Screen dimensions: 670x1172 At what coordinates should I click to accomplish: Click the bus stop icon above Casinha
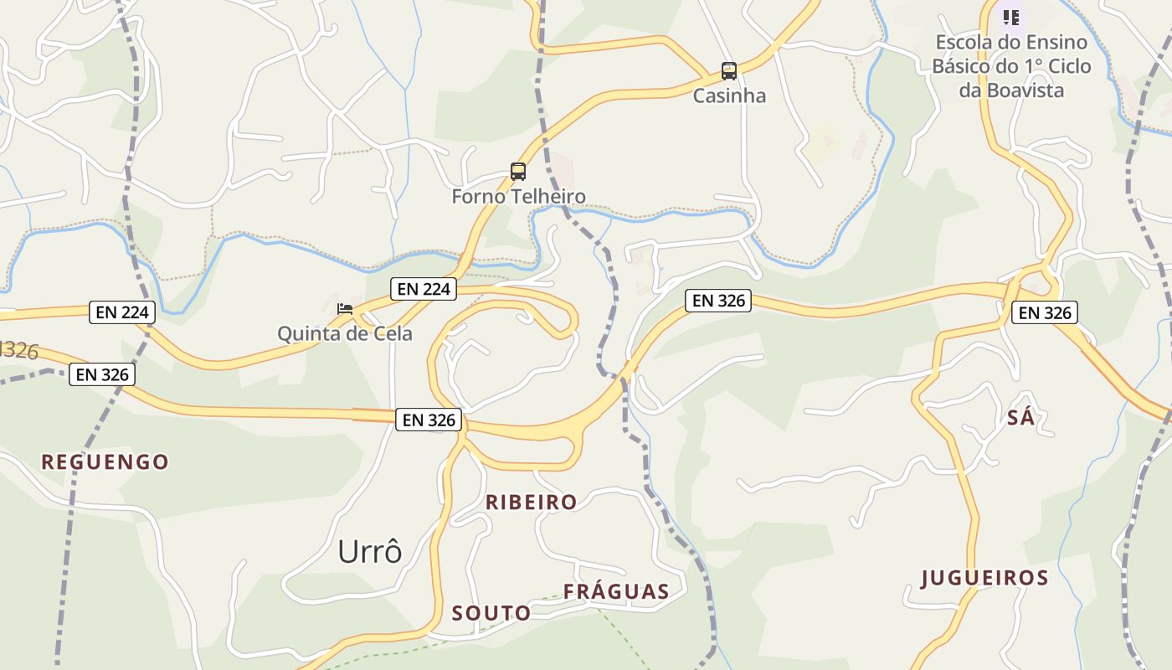pos(729,71)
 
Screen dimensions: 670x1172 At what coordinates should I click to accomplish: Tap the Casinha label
pos(729,95)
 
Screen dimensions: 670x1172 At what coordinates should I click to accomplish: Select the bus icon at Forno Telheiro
pos(518,172)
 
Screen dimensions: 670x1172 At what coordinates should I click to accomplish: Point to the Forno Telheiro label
pos(518,197)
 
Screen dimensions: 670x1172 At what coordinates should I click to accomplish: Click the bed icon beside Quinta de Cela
pos(344,309)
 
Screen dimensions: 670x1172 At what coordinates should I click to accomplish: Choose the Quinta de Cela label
pos(345,333)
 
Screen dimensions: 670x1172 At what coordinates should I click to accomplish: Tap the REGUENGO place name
pos(105,461)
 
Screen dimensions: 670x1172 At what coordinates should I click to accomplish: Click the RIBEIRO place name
pos(532,502)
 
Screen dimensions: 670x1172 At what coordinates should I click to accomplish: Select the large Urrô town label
pos(370,552)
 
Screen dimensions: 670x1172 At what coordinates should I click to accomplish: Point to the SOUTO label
pos(491,613)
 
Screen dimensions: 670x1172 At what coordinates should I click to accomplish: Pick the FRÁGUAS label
pos(616,592)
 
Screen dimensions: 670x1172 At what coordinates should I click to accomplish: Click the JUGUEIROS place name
pos(984,578)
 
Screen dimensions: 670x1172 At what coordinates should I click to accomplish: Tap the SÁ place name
pos(1020,417)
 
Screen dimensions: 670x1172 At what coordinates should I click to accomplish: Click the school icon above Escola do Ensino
pos(1011,17)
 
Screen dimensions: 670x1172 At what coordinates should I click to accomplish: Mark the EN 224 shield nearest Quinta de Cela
pos(424,289)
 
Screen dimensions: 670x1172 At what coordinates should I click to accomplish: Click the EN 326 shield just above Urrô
pos(429,420)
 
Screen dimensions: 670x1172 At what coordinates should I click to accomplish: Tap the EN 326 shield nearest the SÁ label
pos(1044,313)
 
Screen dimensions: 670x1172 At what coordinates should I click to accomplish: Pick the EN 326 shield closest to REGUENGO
pos(102,374)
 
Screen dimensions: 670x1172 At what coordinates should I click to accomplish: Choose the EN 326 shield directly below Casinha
pos(718,300)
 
